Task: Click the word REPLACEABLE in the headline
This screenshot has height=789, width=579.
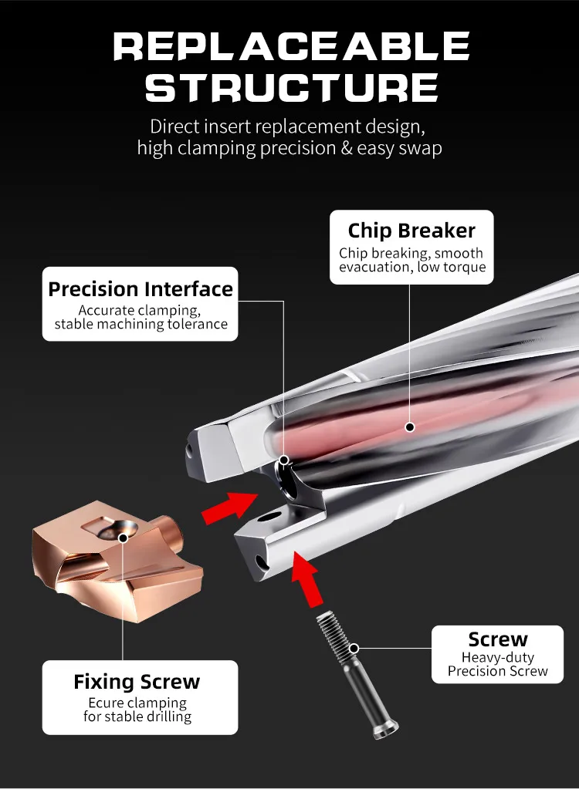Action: tap(292, 46)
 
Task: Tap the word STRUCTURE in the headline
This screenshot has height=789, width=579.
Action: tap(292, 88)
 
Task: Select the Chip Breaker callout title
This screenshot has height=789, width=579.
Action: tap(411, 231)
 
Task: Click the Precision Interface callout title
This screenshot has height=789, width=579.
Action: tap(141, 288)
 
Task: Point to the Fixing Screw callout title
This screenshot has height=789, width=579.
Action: tap(137, 682)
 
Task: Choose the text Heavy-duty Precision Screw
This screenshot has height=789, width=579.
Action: tap(497, 664)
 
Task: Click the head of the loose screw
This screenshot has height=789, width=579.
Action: tap(384, 727)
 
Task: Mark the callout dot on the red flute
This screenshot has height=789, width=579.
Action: tap(410, 427)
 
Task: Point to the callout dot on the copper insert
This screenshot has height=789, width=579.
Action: tap(122, 538)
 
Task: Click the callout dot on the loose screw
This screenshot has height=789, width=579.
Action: tap(354, 648)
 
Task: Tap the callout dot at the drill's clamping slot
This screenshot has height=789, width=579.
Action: tap(284, 460)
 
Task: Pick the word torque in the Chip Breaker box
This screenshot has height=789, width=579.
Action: tap(464, 267)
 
